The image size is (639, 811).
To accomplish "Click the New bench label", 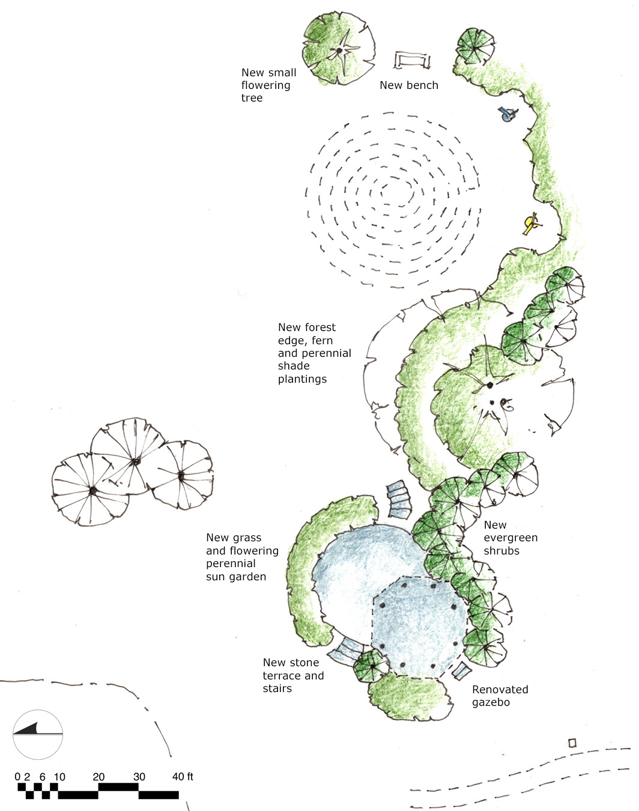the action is pos(409,85).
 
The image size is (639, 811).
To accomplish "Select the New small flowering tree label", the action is pos(268,85).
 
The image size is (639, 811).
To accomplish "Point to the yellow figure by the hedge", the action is pos(531,224).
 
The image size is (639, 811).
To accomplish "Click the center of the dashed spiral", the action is pos(396,193).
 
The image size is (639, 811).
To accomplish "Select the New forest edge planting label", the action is pos(314,353).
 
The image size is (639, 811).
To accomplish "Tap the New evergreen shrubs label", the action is pos(510,538).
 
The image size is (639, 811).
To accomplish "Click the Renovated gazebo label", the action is pos(500,696).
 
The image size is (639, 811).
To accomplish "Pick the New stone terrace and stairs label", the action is pos(293,675).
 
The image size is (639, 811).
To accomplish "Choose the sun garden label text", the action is pos(242,557).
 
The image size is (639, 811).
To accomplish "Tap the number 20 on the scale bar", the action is pos(98,777).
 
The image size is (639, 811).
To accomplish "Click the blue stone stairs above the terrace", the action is pos(399,499).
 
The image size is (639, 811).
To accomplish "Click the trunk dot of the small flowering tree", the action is pos(339,50).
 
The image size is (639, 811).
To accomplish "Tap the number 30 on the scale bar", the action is pos(139,777).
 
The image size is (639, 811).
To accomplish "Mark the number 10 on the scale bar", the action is pos(59,777).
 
